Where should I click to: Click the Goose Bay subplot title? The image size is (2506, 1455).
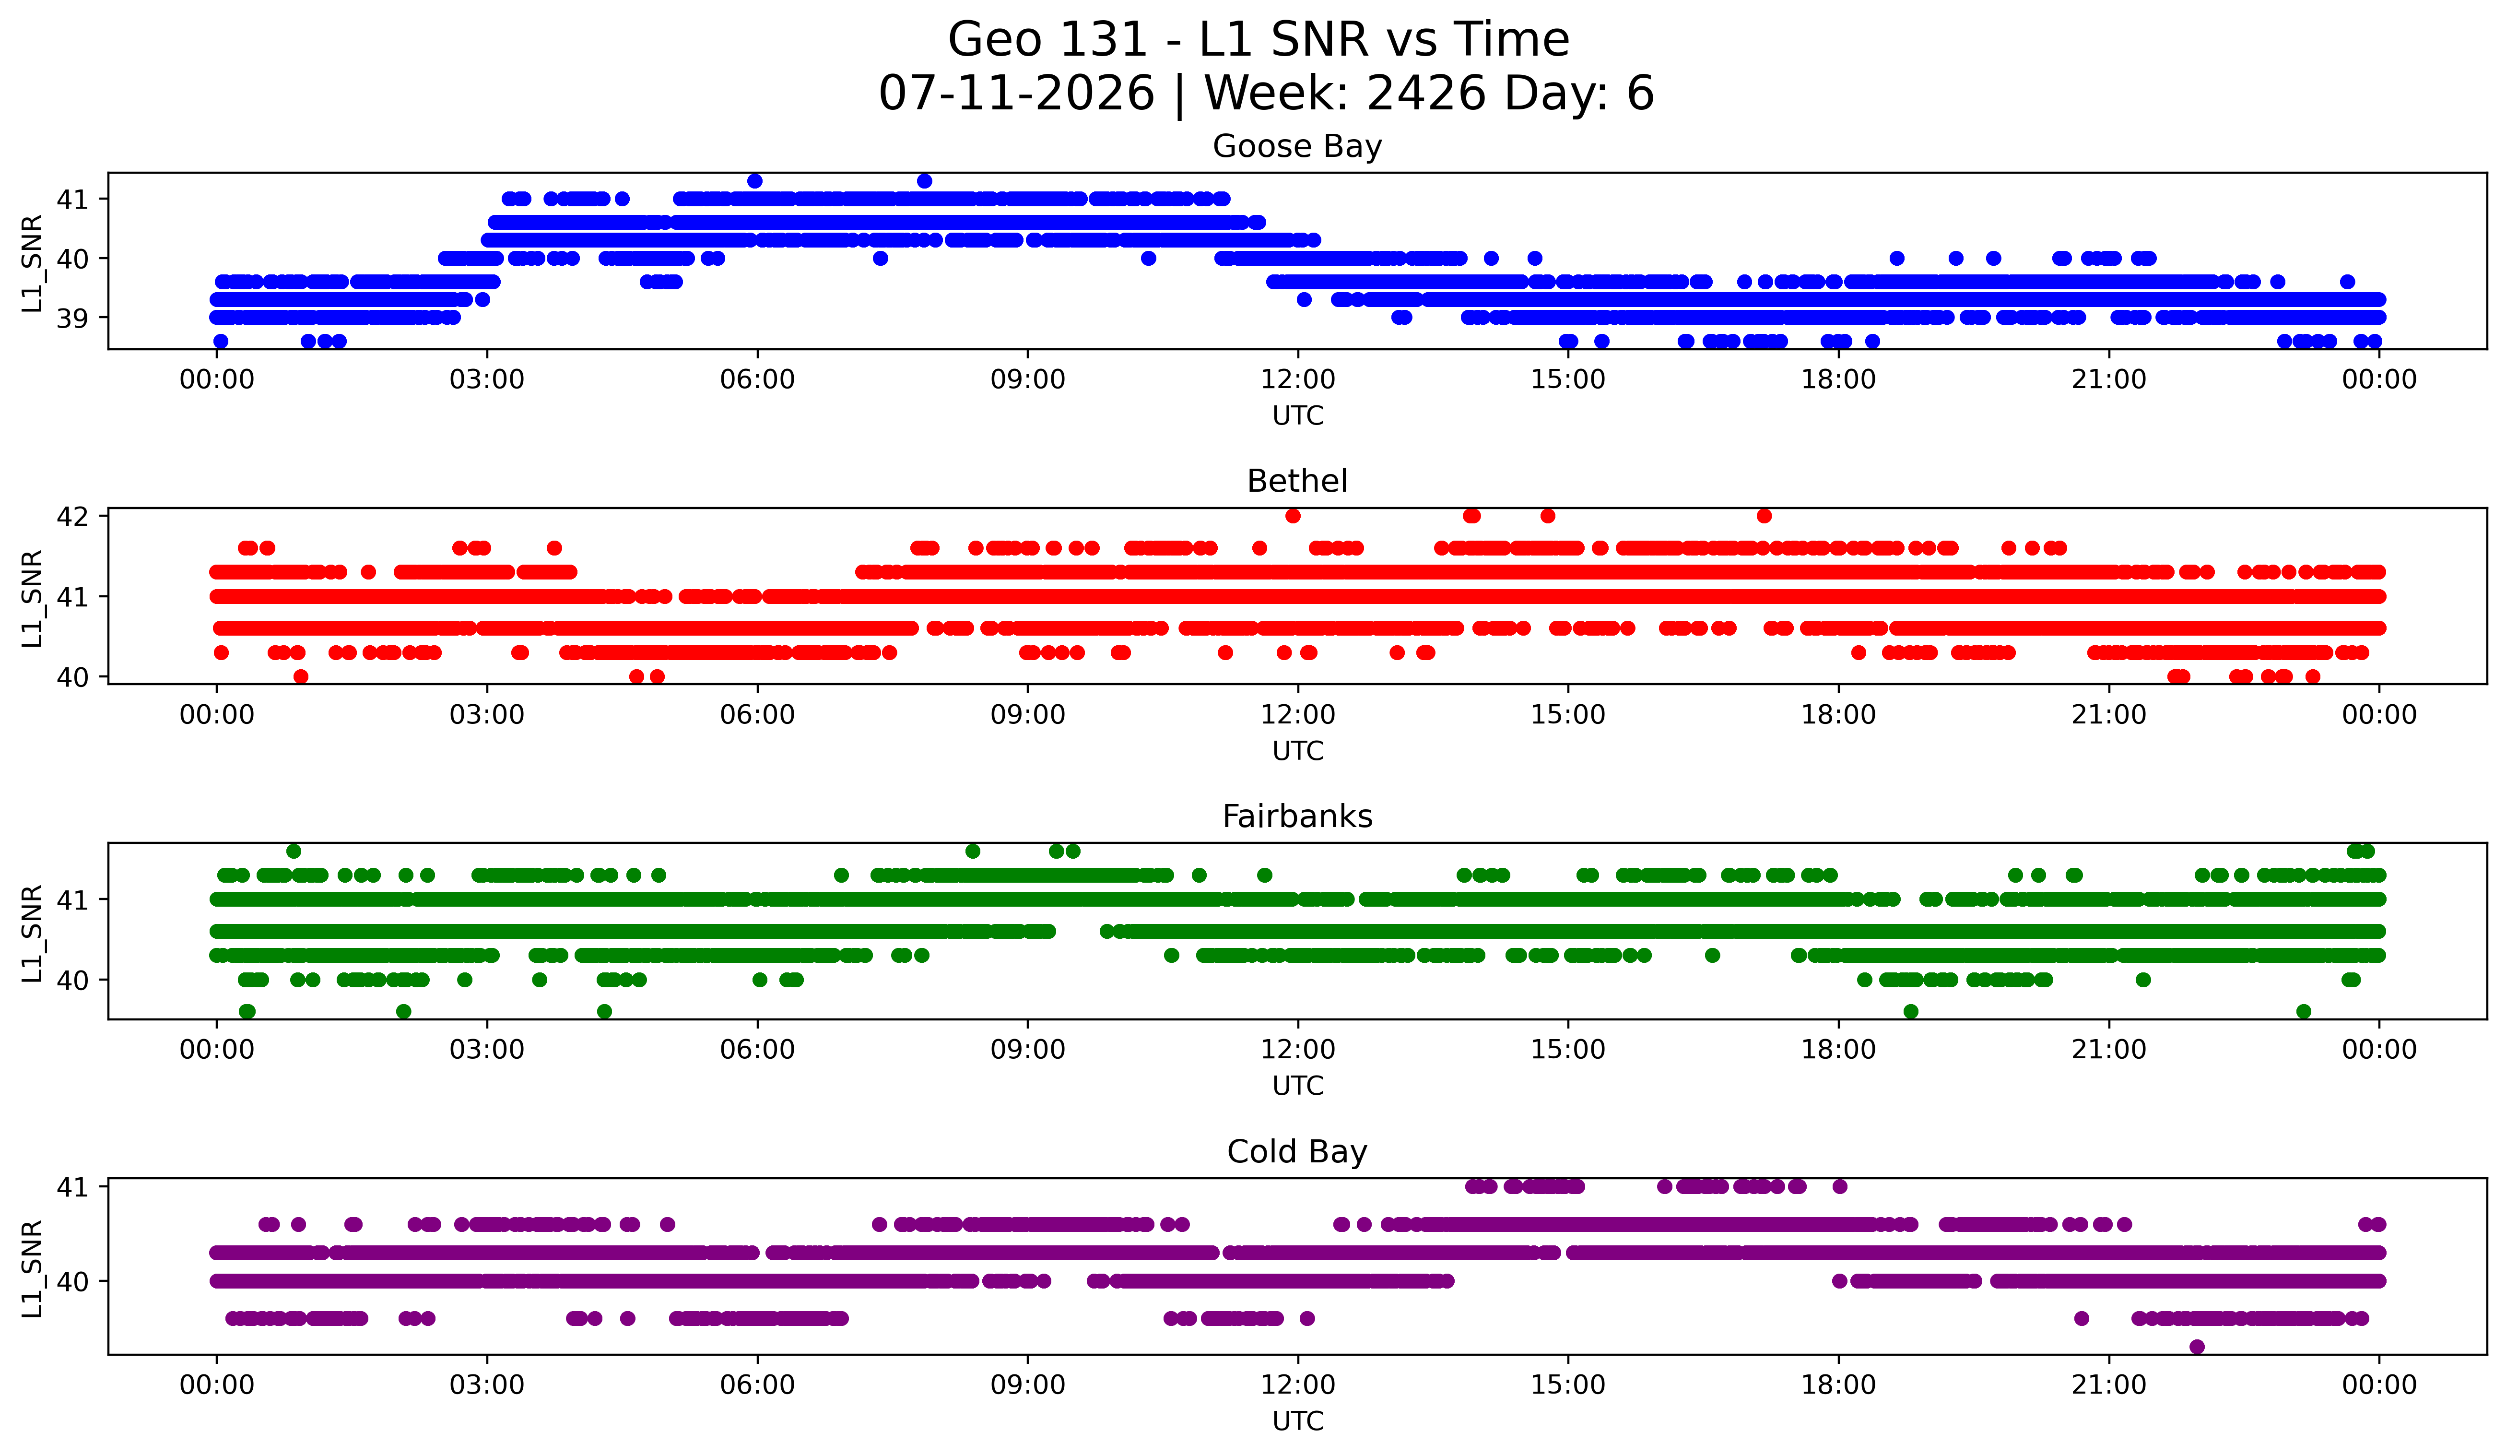(x=1297, y=146)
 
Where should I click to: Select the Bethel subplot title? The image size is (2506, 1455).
(x=1297, y=481)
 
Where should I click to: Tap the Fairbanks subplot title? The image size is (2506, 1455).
(x=1297, y=816)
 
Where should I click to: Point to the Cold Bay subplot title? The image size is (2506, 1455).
(x=1297, y=1152)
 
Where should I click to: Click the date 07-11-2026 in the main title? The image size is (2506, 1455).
(x=1016, y=94)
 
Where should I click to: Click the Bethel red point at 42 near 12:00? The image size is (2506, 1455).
(x=1293, y=515)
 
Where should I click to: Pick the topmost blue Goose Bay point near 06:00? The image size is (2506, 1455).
(x=755, y=181)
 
